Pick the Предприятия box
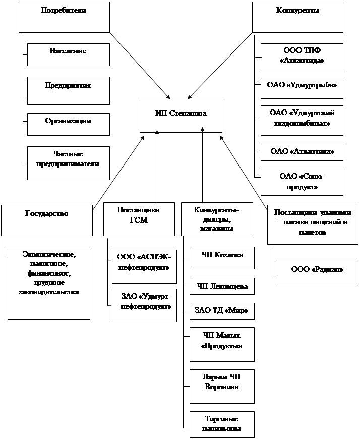[68, 89]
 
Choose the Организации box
[68, 124]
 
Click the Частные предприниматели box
[68, 162]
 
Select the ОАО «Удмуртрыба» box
[302, 88]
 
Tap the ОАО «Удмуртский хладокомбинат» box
[302, 120]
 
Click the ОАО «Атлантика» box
[302, 151]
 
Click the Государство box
[47, 219]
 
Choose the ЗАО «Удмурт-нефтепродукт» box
[144, 305]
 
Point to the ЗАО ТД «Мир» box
[222, 311]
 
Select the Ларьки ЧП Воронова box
[222, 386]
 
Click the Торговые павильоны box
[222, 424]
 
